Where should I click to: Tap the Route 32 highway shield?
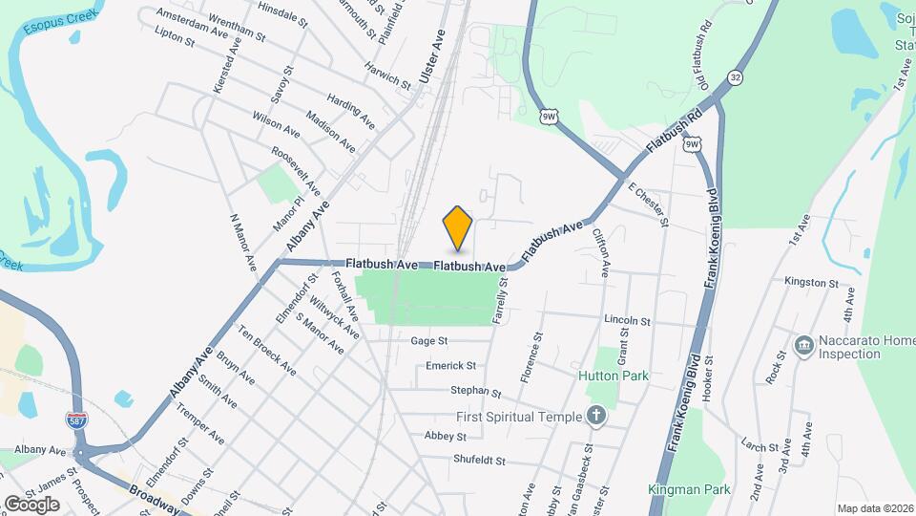click(734, 76)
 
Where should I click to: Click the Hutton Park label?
click(614, 376)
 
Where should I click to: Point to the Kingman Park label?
click(688, 489)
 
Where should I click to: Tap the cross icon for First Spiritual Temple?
click(596, 416)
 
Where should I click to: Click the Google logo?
click(31, 504)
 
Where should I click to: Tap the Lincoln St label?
click(626, 321)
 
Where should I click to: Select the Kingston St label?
click(810, 283)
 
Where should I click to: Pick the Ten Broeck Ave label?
click(267, 352)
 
